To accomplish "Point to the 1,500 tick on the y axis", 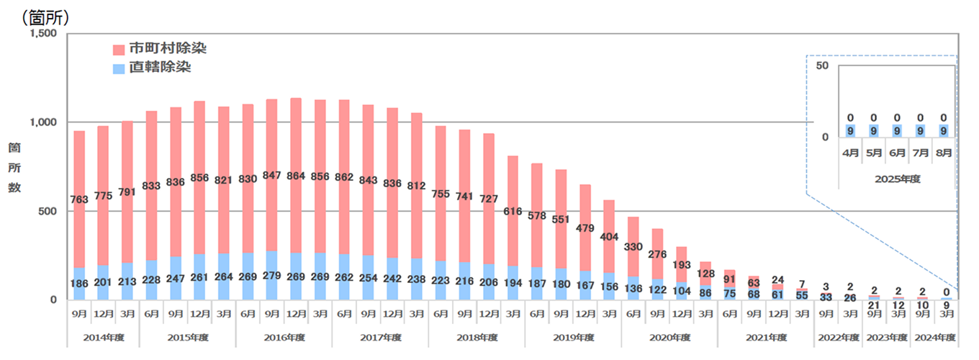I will pos(41,34).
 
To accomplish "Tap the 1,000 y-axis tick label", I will pos(41,122).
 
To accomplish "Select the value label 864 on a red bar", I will pos(295,175).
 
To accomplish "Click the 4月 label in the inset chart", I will pos(849,153).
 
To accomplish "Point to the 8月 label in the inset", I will pos(944,153).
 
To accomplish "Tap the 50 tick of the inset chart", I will pos(822,66).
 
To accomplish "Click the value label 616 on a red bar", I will pos(512,210).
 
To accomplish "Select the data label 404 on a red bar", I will pos(608,237).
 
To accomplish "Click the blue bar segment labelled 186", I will pos(78,283).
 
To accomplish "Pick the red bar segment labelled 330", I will pos(633,247).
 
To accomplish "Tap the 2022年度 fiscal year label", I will pos(839,337).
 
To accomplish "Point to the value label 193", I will pos(681,266).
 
